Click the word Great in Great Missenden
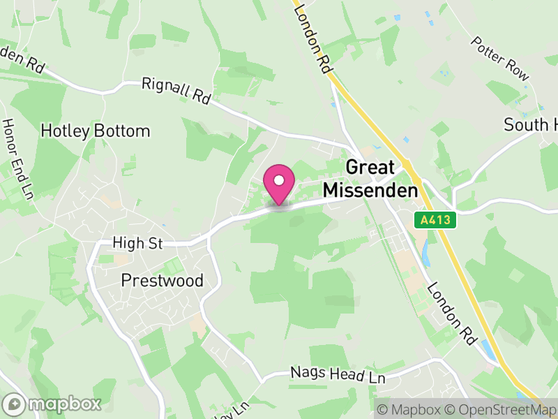click(x=370, y=168)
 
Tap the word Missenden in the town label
click(x=370, y=189)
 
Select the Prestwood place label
click(x=162, y=281)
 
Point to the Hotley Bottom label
click(x=96, y=131)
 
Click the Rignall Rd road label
click(x=176, y=91)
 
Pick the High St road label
click(x=137, y=244)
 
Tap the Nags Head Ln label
click(x=338, y=376)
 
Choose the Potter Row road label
click(x=500, y=59)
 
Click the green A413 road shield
click(x=437, y=220)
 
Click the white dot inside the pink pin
click(x=279, y=179)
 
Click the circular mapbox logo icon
click(x=15, y=404)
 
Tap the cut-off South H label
click(x=531, y=125)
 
